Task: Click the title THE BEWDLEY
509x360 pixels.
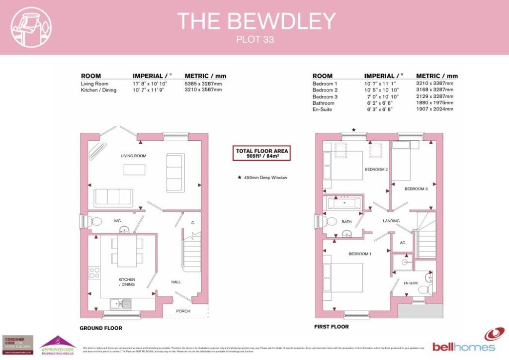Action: [x=256, y=21]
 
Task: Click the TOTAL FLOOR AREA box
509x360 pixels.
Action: [x=262, y=153]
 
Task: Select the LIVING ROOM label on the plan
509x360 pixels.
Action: [x=134, y=156]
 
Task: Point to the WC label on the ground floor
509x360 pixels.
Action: [x=117, y=220]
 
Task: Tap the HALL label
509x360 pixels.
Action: [x=176, y=282]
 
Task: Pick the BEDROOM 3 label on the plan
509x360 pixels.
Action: [x=416, y=189]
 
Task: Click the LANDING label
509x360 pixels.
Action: [x=391, y=221]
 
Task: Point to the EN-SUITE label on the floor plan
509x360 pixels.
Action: [x=411, y=283]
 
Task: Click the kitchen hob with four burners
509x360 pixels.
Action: [x=94, y=272]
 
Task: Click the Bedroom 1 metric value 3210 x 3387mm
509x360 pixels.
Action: [x=434, y=84]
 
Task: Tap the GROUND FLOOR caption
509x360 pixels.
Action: [x=101, y=328]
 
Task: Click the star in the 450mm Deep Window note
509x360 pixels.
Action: [x=239, y=177]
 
